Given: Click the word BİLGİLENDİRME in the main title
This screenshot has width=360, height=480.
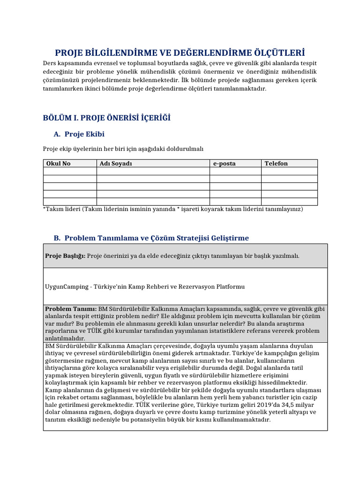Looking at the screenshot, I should click(x=120, y=52).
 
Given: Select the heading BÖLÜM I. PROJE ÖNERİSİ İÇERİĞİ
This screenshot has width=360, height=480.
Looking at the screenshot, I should click(x=106, y=118).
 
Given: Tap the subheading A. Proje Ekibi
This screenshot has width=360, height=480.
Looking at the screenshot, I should click(x=79, y=135).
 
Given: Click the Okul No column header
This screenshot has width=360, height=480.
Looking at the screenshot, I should click(x=58, y=164).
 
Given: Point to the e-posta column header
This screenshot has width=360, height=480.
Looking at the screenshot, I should click(x=225, y=164).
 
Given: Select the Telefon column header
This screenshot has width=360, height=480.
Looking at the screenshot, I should click(x=276, y=164).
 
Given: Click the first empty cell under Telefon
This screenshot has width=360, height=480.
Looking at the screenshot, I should click(x=289, y=171).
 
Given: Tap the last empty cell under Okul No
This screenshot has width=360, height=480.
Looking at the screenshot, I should click(x=70, y=202).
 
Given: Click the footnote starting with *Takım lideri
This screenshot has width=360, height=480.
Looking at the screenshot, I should click(x=172, y=209).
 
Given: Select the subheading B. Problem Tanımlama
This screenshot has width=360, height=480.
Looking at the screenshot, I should click(x=151, y=238).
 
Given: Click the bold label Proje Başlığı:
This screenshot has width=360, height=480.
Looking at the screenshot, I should click(x=65, y=256).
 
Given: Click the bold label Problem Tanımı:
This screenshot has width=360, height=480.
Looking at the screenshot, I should click(x=70, y=309).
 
